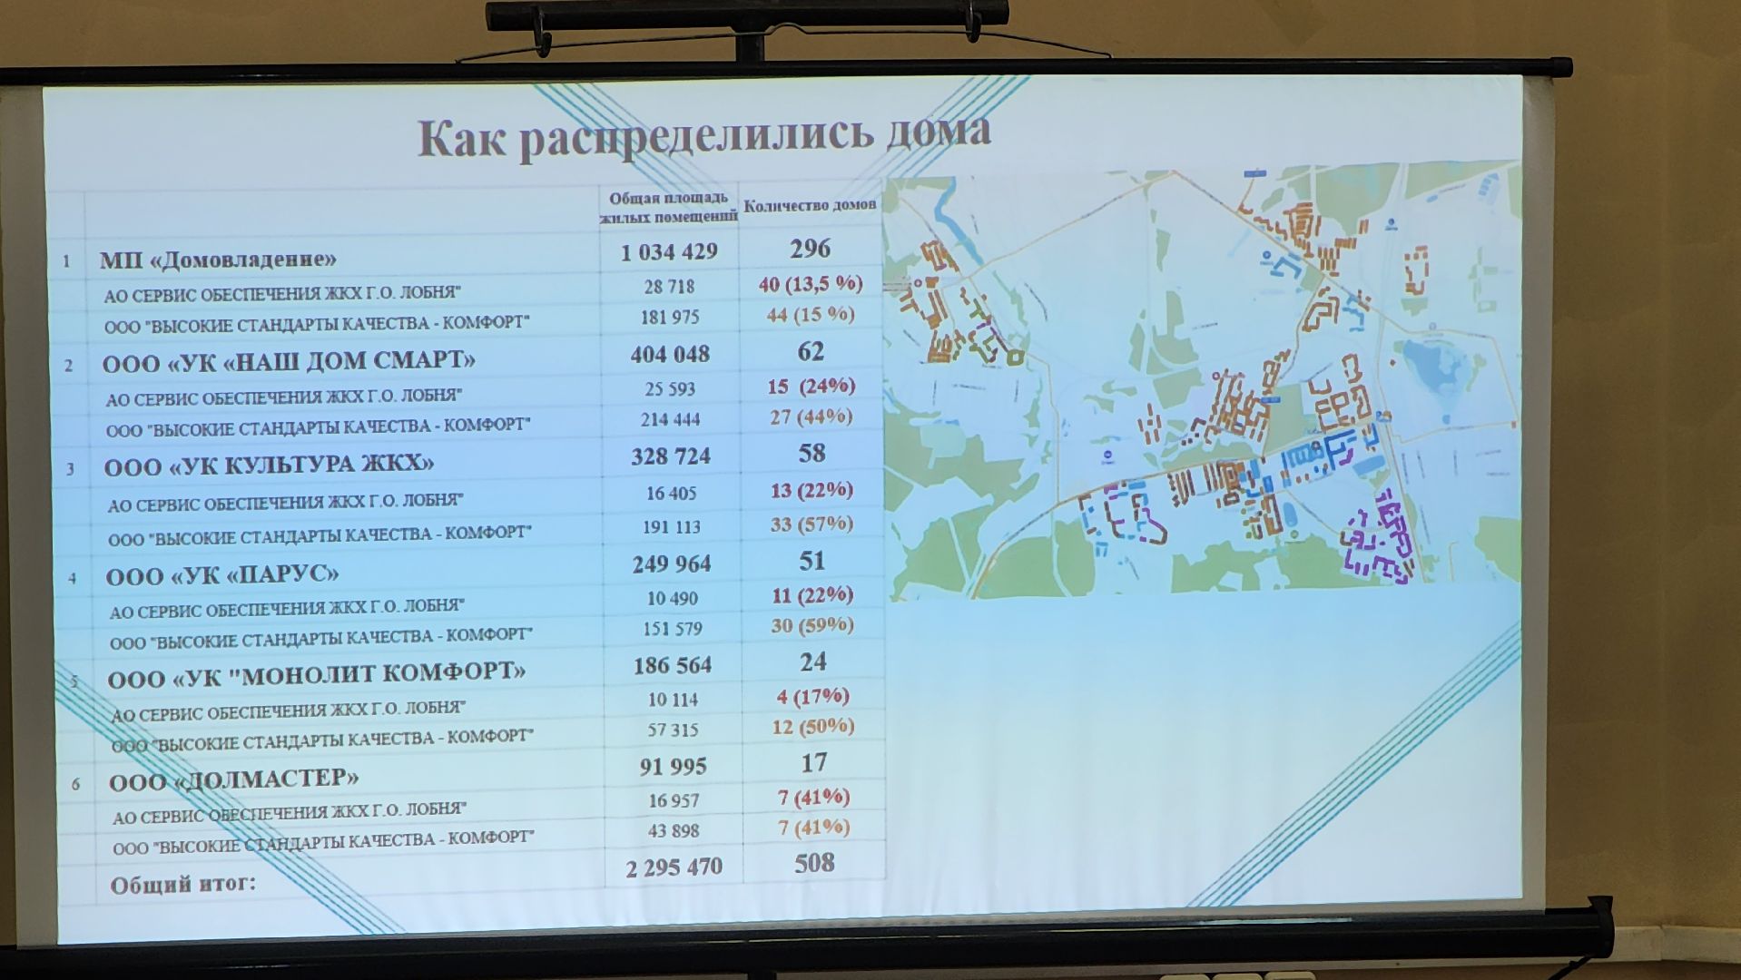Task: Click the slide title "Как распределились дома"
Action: [x=703, y=137]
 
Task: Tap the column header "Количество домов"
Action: [x=810, y=206]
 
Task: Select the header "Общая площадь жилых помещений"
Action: [x=669, y=207]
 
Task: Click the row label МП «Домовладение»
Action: [x=218, y=260]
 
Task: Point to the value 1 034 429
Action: [x=669, y=252]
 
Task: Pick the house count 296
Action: [x=810, y=249]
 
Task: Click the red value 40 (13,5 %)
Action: [x=811, y=284]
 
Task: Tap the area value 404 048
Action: [x=670, y=354]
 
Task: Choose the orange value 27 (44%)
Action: [x=811, y=417]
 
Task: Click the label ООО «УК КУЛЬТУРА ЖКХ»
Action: [x=269, y=465]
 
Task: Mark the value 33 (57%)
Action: [x=811, y=524]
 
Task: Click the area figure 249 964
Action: [x=672, y=563]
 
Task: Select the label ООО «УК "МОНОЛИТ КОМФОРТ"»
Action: [x=317, y=675]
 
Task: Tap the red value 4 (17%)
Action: [x=812, y=697]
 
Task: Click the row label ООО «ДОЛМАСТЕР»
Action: [x=233, y=779]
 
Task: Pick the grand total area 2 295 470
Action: [x=674, y=867]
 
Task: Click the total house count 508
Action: [x=814, y=863]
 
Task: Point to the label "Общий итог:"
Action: [x=183, y=884]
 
